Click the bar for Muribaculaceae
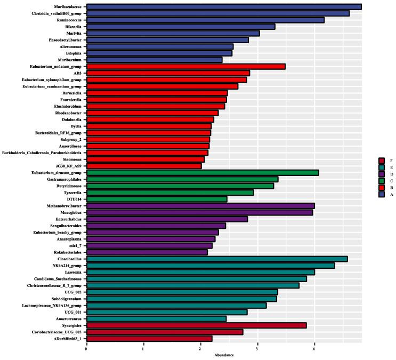coord(224,6)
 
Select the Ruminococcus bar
coord(205,20)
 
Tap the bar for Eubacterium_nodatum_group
coord(186,66)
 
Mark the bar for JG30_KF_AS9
coord(144,166)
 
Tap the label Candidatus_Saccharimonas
coord(58,278)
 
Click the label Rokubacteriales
coord(67,252)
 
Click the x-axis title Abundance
coord(223,355)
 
